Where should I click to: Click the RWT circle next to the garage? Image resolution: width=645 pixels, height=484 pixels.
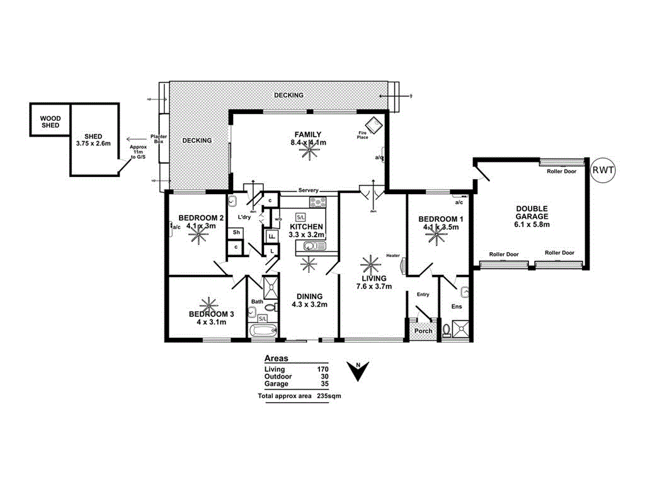point(603,170)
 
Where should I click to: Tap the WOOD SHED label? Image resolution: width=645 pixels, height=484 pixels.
point(50,122)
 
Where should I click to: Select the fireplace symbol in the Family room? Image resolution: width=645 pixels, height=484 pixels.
point(375,124)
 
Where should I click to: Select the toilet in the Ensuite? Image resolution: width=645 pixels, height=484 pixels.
point(448,328)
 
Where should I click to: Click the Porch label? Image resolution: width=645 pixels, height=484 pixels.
point(423,331)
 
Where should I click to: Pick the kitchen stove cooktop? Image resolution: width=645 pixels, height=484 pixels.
point(318,202)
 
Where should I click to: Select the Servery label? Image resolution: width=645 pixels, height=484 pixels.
point(309,190)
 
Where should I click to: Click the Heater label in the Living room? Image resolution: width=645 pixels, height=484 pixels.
point(393,255)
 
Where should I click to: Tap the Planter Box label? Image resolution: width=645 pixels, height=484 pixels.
point(157,139)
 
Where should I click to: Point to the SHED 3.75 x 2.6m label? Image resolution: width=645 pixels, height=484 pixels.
point(93,140)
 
